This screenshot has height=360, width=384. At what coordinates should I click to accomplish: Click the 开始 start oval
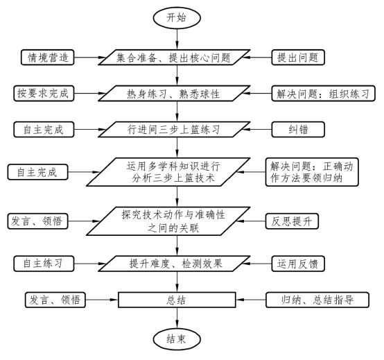tap(177, 18)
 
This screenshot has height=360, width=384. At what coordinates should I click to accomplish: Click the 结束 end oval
tap(177, 339)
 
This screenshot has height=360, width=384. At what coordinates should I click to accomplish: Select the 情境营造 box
tap(48, 58)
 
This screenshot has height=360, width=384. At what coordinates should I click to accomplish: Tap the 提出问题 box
tap(298, 58)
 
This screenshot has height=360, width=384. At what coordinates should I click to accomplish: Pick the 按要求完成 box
tap(44, 94)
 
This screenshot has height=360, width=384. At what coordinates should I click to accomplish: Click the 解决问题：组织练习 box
tap(323, 94)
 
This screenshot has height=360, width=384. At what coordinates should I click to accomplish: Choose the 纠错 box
tap(298, 130)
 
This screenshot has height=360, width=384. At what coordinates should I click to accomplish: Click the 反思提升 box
tap(292, 221)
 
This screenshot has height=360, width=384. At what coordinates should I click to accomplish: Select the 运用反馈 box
tap(298, 264)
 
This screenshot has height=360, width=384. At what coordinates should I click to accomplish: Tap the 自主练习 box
tap(44, 264)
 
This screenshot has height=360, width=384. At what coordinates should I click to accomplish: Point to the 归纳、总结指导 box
tap(317, 300)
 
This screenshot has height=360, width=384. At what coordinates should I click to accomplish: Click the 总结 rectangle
tap(177, 300)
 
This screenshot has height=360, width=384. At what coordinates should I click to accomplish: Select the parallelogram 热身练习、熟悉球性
tap(174, 94)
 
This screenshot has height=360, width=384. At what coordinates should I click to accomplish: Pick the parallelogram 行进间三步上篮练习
tap(174, 130)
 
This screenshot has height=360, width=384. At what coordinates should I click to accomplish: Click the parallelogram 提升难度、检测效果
tap(174, 264)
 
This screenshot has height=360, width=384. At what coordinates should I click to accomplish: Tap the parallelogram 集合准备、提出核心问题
tap(174, 58)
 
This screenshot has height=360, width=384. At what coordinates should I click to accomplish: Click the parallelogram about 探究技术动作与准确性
tap(168, 221)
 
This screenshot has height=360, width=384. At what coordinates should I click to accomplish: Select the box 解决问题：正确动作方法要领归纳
tap(312, 172)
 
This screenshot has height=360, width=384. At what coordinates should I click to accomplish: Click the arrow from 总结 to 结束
tap(177, 318)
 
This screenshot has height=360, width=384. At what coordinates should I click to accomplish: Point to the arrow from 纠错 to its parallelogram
tap(256, 130)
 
